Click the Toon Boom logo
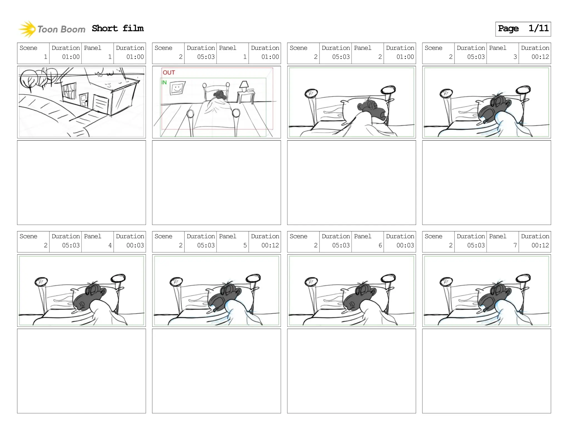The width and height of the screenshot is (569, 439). pyautogui.click(x=52, y=29)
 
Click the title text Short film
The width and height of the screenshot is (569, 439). pyautogui.click(x=118, y=28)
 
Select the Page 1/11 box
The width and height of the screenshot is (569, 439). pyautogui.click(x=523, y=29)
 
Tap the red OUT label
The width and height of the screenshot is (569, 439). pyautogui.click(x=169, y=72)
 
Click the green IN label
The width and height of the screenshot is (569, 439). pyautogui.click(x=164, y=82)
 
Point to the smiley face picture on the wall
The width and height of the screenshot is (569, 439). pyautogui.click(x=177, y=88)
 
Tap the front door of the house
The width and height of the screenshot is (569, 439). pyautogui.click(x=84, y=100)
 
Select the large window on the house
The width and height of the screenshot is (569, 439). pyautogui.click(x=69, y=91)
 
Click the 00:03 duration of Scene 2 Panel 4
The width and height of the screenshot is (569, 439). pyautogui.click(x=135, y=245)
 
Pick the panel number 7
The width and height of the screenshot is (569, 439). pyautogui.click(x=515, y=245)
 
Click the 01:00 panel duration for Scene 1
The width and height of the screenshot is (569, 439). pyautogui.click(x=135, y=57)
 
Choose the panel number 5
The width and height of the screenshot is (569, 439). pyautogui.click(x=245, y=245)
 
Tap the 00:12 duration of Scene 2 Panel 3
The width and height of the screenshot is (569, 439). pyautogui.click(x=540, y=57)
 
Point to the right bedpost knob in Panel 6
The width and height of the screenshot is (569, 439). pyautogui.click(x=388, y=278)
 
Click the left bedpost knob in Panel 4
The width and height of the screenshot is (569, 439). pyautogui.click(x=41, y=282)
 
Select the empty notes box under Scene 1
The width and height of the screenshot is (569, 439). pyautogui.click(x=81, y=182)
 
